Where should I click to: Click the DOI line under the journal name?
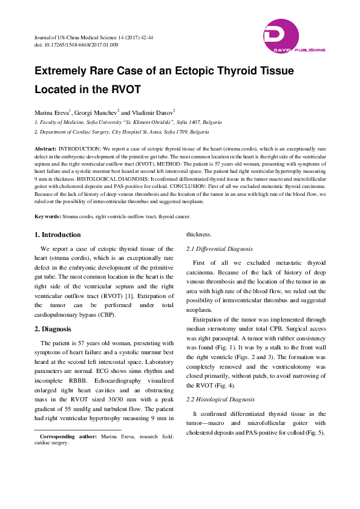[x=76, y=45]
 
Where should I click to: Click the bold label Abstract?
[x=46, y=148]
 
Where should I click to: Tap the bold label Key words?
[x=48, y=216]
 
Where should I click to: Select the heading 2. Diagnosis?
[x=53, y=329]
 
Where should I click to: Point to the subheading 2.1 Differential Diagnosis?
[x=219, y=249]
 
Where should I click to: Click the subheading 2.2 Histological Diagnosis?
[x=220, y=400]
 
